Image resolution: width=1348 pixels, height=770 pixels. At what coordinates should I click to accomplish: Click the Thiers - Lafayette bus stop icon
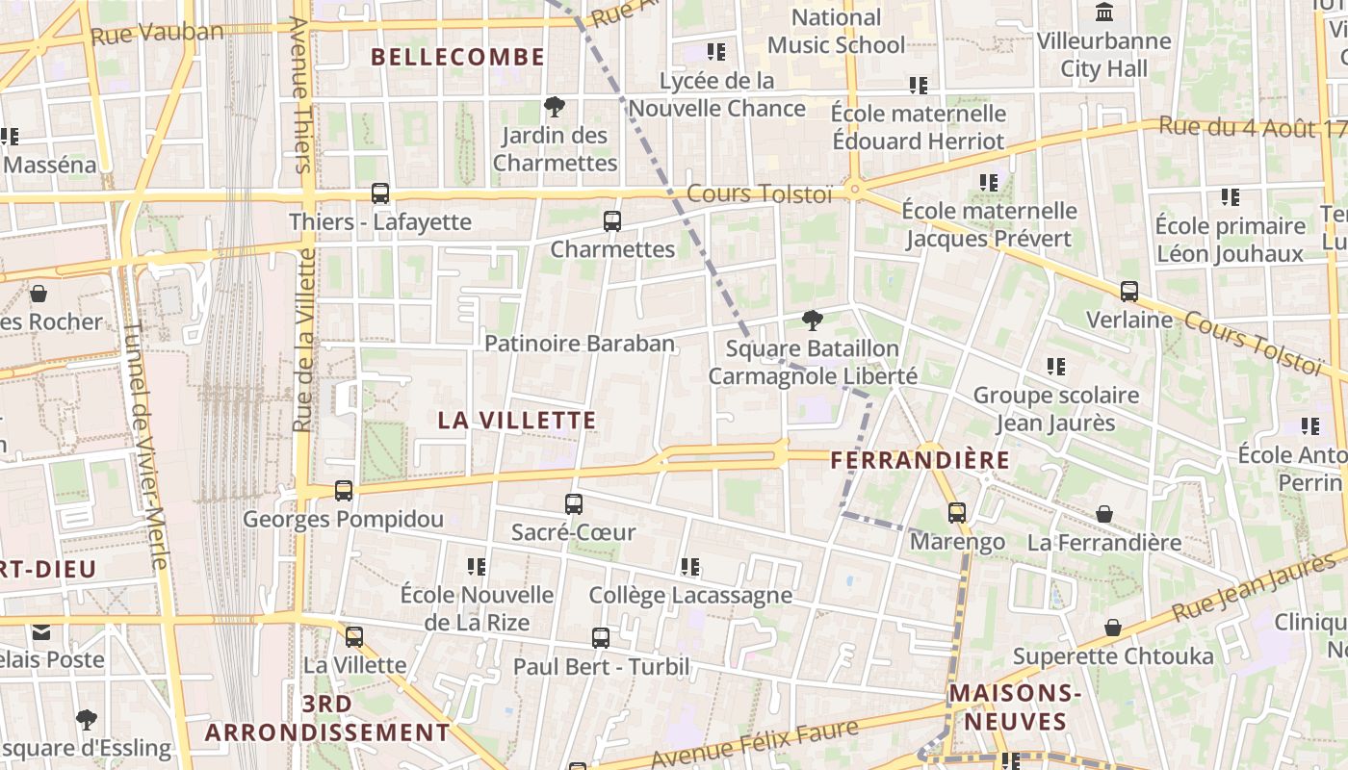[x=380, y=193]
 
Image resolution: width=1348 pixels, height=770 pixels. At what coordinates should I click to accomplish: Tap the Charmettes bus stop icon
[x=612, y=221]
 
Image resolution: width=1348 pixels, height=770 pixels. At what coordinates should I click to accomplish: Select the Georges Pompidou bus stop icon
[x=344, y=491]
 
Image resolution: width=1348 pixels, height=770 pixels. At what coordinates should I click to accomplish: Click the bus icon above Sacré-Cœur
[x=574, y=503]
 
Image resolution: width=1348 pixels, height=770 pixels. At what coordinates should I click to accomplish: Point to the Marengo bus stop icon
[x=957, y=513]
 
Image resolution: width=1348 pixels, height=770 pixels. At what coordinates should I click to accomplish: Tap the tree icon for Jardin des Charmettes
[x=555, y=107]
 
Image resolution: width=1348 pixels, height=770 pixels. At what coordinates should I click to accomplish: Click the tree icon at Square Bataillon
[x=813, y=321]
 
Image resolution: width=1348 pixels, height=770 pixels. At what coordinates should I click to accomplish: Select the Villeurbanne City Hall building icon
[x=1104, y=13]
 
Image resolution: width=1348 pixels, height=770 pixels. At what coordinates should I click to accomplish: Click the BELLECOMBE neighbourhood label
[x=458, y=57]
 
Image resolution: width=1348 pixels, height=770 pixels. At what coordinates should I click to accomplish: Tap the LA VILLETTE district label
[x=517, y=421]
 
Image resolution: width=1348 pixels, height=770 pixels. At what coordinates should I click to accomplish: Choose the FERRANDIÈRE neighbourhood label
[x=920, y=460]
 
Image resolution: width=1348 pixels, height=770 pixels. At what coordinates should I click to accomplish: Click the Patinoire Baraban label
[x=580, y=344]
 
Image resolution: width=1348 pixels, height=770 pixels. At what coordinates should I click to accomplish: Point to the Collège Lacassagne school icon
[x=690, y=568]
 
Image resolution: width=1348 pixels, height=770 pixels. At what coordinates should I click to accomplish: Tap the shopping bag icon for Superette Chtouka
[x=1113, y=628]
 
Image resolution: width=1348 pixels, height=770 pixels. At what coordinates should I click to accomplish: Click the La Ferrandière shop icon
[x=1104, y=515]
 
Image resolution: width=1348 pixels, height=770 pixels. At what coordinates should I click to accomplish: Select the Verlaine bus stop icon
[x=1129, y=291]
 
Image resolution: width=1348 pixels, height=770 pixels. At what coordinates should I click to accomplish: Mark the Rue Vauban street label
[x=157, y=34]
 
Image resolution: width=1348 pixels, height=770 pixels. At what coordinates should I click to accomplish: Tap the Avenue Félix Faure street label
[x=755, y=745]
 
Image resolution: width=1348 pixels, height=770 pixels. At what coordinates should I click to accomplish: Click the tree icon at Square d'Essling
[x=87, y=719]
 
